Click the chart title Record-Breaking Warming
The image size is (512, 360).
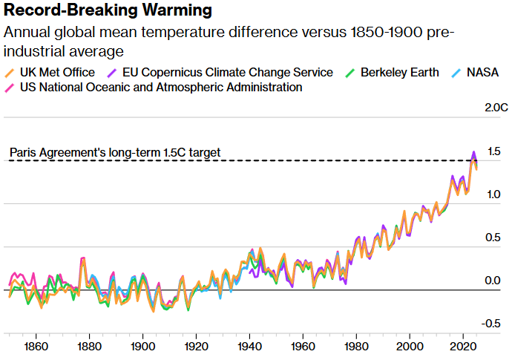tap(108, 11)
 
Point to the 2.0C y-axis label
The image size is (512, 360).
tap(495, 108)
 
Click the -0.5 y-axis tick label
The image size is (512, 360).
tap(490, 324)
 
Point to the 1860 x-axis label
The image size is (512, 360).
tap(36, 347)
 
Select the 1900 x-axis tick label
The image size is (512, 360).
tap(142, 347)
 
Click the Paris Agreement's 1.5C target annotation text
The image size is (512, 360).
tap(115, 153)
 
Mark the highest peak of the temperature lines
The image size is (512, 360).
tap(473, 153)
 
